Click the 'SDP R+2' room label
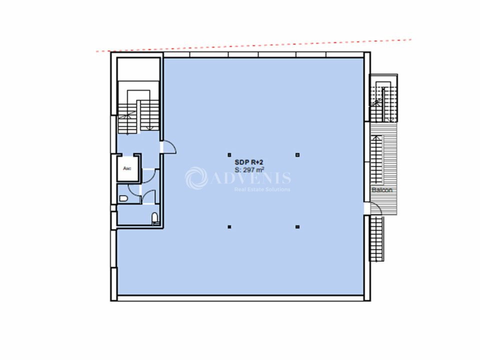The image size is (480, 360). (248, 162)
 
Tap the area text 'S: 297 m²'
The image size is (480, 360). (249, 169)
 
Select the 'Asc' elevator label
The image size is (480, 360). (127, 168)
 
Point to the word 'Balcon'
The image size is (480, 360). (382, 190)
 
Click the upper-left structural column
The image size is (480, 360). (229, 155)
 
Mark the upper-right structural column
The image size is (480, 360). (297, 155)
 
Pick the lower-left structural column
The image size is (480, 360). (229, 227)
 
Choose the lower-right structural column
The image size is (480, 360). (297, 227)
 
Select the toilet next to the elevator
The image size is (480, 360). (123, 198)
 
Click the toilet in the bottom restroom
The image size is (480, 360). (155, 219)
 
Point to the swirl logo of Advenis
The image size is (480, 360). (196, 178)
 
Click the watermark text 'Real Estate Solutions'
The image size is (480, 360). (262, 189)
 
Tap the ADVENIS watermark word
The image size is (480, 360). (251, 177)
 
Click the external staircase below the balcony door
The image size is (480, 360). (376, 238)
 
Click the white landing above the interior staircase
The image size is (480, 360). (138, 70)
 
